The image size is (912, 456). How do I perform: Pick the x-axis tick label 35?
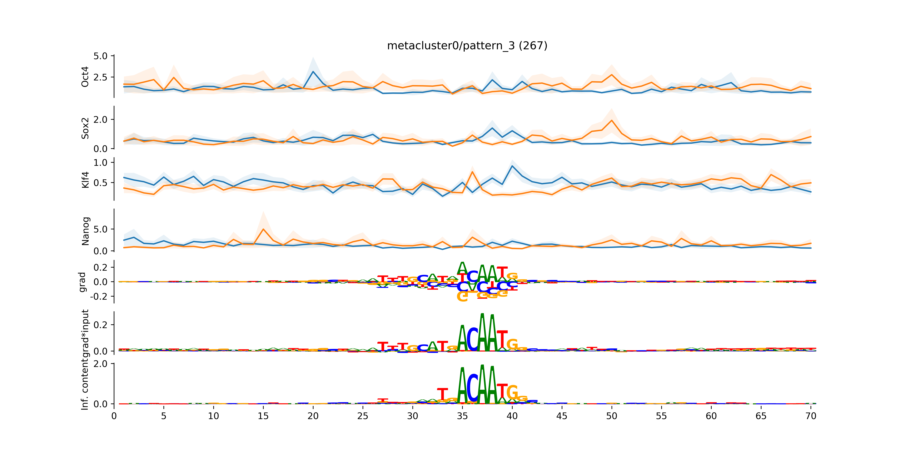[x=462, y=416]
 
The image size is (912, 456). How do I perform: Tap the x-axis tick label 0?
[x=114, y=416]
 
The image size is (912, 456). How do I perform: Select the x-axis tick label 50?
[x=611, y=416]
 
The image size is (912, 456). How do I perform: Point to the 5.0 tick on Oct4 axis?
[x=100, y=56]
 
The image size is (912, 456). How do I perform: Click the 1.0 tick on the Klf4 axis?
[x=100, y=163]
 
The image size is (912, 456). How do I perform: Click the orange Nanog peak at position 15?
[x=263, y=229]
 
